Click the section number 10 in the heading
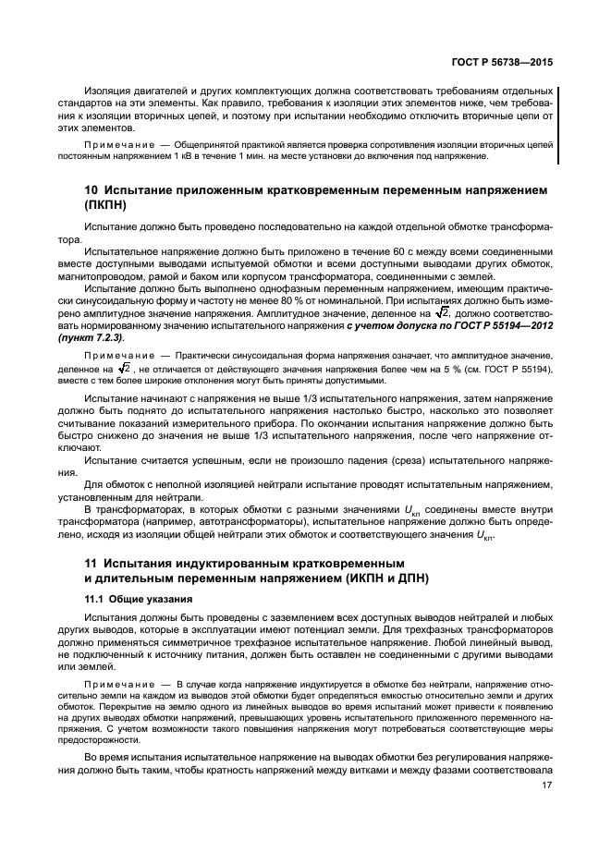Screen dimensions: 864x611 [x=92, y=189]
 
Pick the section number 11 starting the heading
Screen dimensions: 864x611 [x=92, y=564]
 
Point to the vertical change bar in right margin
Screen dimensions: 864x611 [x=557, y=125]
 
